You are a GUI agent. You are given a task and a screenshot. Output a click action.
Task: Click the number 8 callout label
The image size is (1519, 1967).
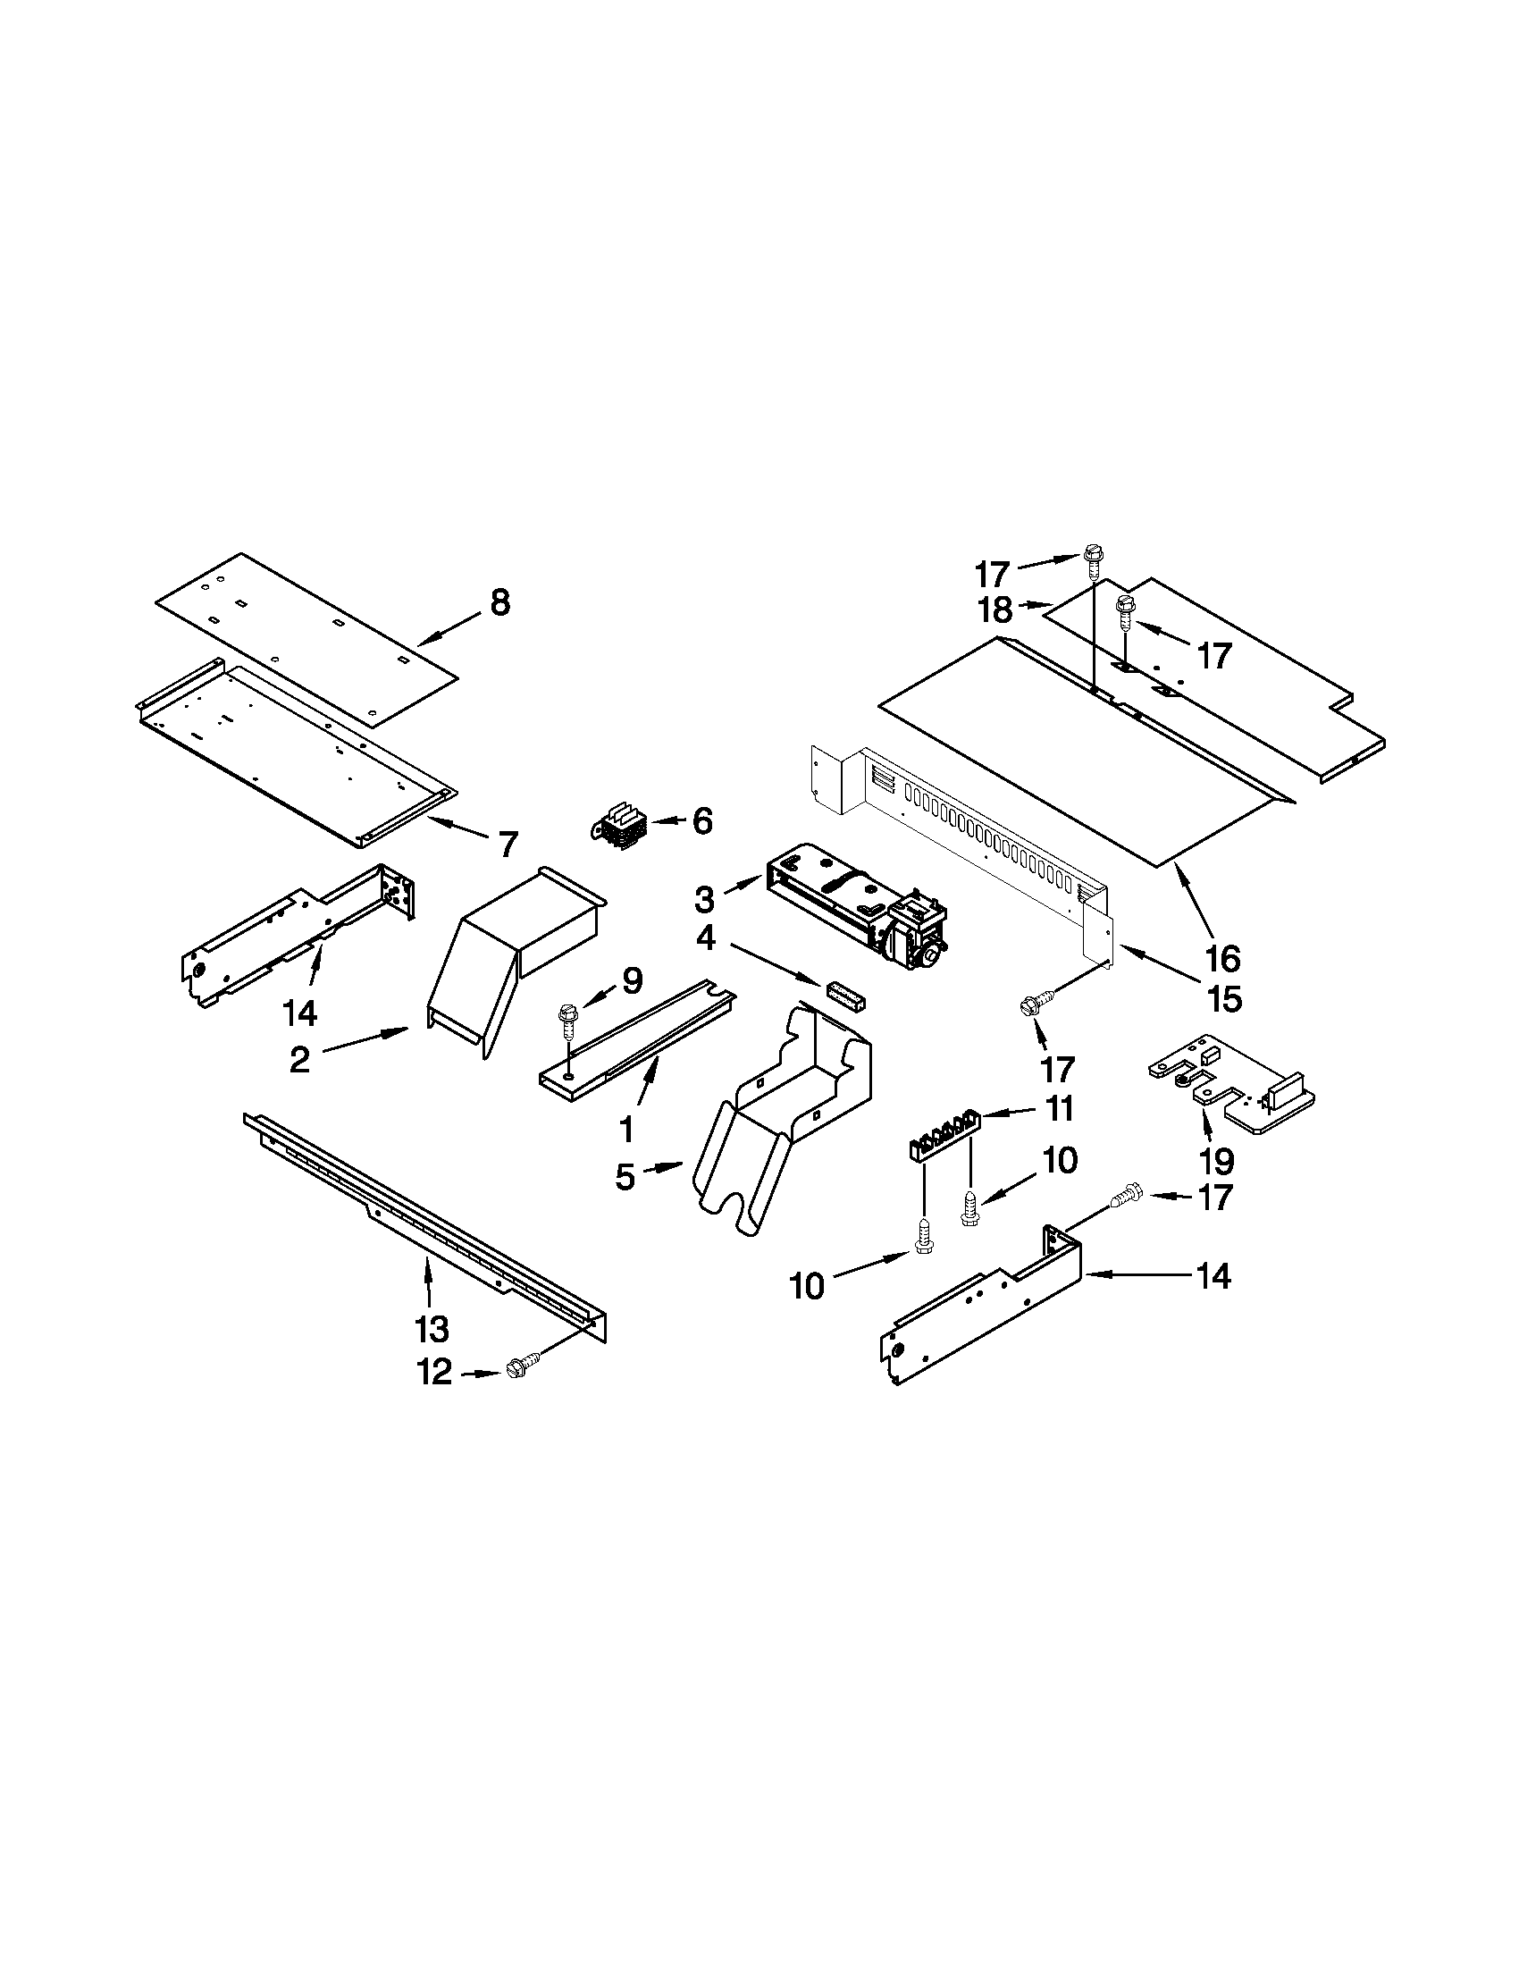(x=499, y=601)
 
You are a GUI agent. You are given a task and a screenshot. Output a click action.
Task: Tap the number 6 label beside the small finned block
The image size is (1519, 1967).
(x=701, y=820)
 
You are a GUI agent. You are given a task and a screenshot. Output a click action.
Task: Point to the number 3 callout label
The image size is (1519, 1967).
(x=704, y=899)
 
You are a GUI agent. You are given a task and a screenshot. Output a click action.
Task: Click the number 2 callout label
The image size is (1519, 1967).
(x=300, y=1060)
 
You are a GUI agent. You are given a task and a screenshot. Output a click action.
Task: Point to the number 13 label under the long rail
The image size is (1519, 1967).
(x=432, y=1327)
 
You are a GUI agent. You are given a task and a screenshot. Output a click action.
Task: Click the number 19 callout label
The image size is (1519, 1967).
(x=1215, y=1161)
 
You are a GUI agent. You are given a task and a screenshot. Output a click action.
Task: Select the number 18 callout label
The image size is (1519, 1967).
(x=995, y=609)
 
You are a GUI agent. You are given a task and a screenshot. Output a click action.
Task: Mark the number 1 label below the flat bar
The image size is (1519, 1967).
(x=626, y=1129)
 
